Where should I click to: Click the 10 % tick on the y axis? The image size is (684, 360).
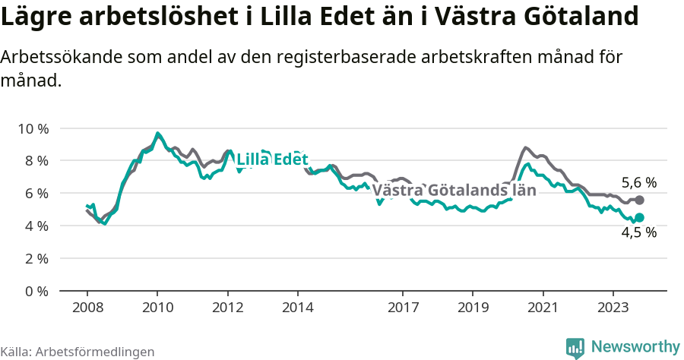(x=32, y=128)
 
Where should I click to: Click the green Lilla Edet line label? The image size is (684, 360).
(x=272, y=160)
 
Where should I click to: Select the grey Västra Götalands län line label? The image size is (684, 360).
(x=454, y=191)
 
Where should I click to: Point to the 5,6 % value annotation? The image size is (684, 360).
(x=638, y=183)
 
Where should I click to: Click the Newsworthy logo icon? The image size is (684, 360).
(x=576, y=348)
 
